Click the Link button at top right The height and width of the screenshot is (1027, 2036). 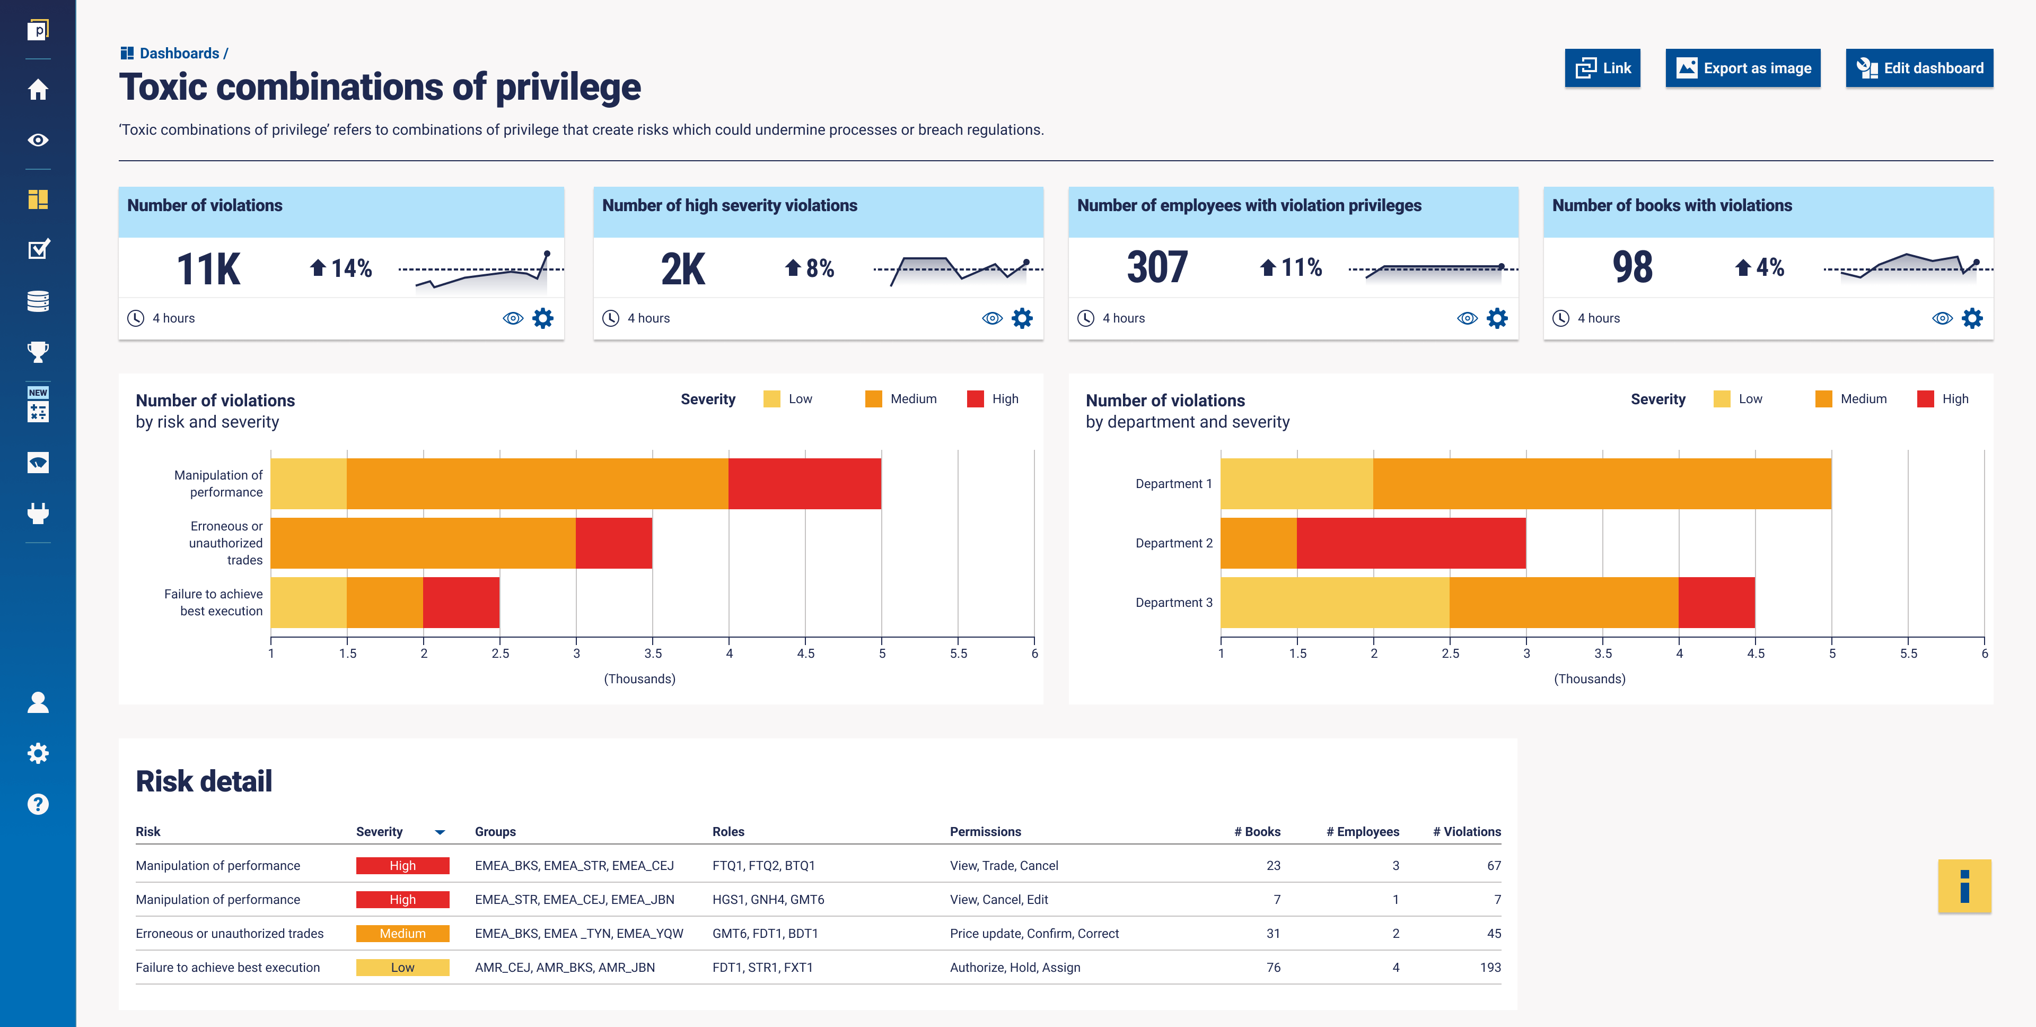(1602, 68)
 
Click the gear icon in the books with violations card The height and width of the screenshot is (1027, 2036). (1972, 319)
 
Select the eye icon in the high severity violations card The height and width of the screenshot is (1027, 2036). (992, 319)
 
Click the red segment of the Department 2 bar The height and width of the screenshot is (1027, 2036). (1411, 543)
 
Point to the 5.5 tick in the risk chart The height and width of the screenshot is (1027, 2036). (958, 653)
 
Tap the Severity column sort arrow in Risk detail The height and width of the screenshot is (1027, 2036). (440, 832)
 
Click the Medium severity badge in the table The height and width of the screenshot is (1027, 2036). (402, 934)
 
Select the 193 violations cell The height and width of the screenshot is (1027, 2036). (1490, 968)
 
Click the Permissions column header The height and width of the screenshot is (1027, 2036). (985, 832)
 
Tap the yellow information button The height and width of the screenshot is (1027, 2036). (1964, 886)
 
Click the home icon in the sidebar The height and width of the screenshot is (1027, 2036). (38, 89)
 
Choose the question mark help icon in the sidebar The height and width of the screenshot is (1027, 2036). (38, 804)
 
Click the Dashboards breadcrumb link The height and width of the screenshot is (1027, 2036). (179, 53)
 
